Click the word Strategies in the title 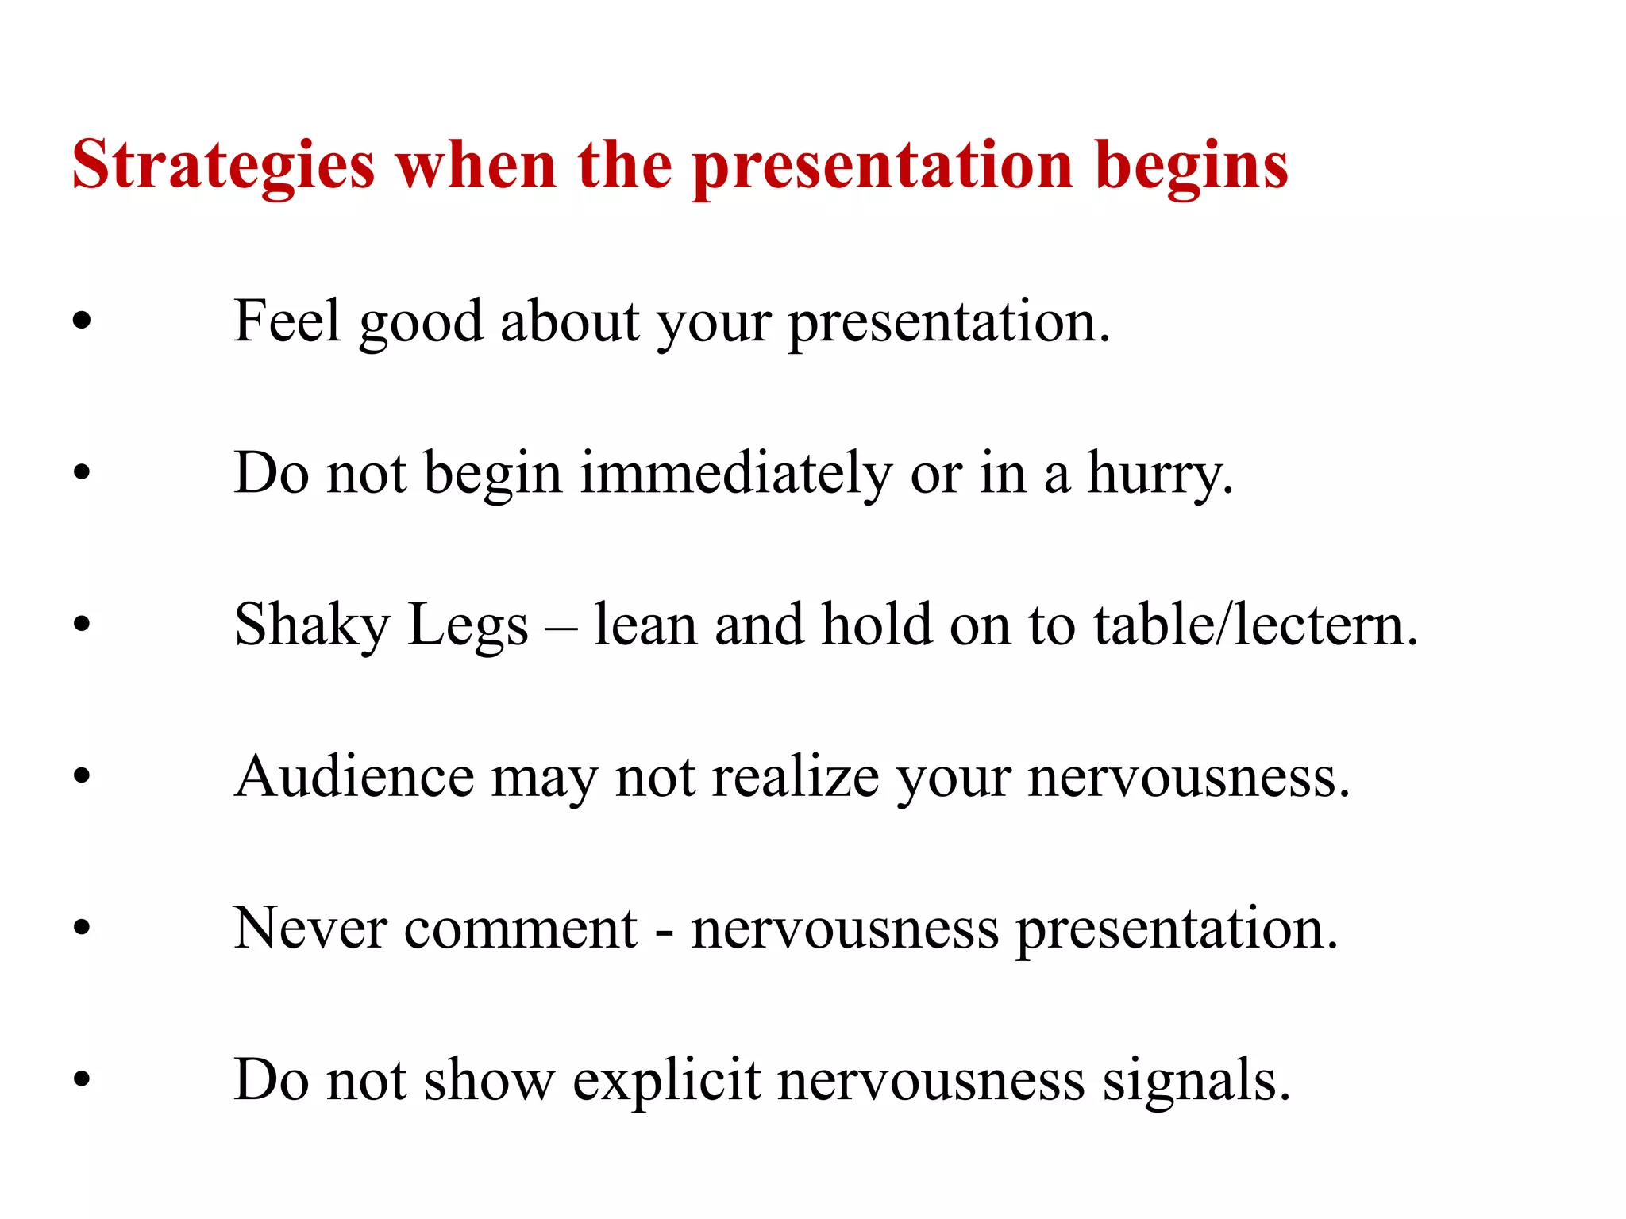[223, 167]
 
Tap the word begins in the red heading [1191, 167]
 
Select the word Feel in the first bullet [287, 321]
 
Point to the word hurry [1159, 474]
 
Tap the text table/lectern [1254, 625]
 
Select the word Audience [354, 777]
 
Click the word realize [795, 777]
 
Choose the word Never [310, 929]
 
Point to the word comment [520, 929]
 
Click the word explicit [667, 1081]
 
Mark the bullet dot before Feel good [82, 321]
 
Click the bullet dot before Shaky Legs [82, 625]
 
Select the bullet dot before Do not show [82, 1080]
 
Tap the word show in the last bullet [489, 1081]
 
